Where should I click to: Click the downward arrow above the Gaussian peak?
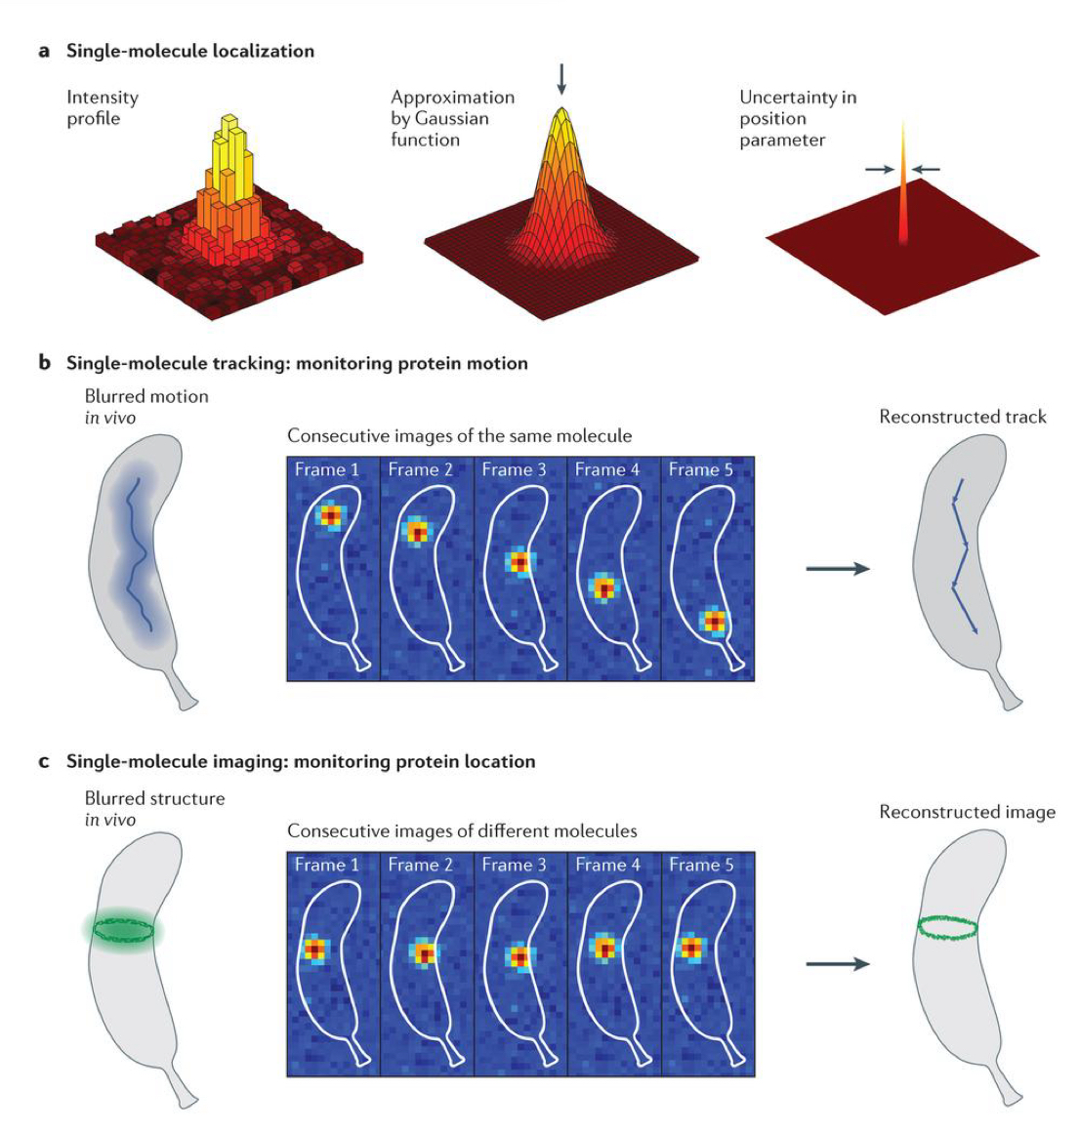click(560, 79)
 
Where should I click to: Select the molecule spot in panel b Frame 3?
click(519, 563)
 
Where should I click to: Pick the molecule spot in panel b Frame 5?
click(716, 621)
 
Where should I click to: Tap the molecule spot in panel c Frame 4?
click(606, 948)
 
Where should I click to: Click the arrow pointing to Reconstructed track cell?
click(837, 569)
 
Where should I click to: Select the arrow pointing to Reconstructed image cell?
click(837, 964)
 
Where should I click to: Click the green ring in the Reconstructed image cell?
click(947, 928)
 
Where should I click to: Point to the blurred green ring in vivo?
click(123, 930)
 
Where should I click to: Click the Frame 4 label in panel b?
click(606, 469)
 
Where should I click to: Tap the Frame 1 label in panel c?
click(326, 865)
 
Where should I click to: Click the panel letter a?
click(44, 51)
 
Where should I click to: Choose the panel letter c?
click(44, 761)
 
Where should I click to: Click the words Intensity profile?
click(102, 107)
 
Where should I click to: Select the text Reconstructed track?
click(962, 417)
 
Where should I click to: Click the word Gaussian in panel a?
click(450, 118)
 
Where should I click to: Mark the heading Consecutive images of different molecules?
click(462, 831)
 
